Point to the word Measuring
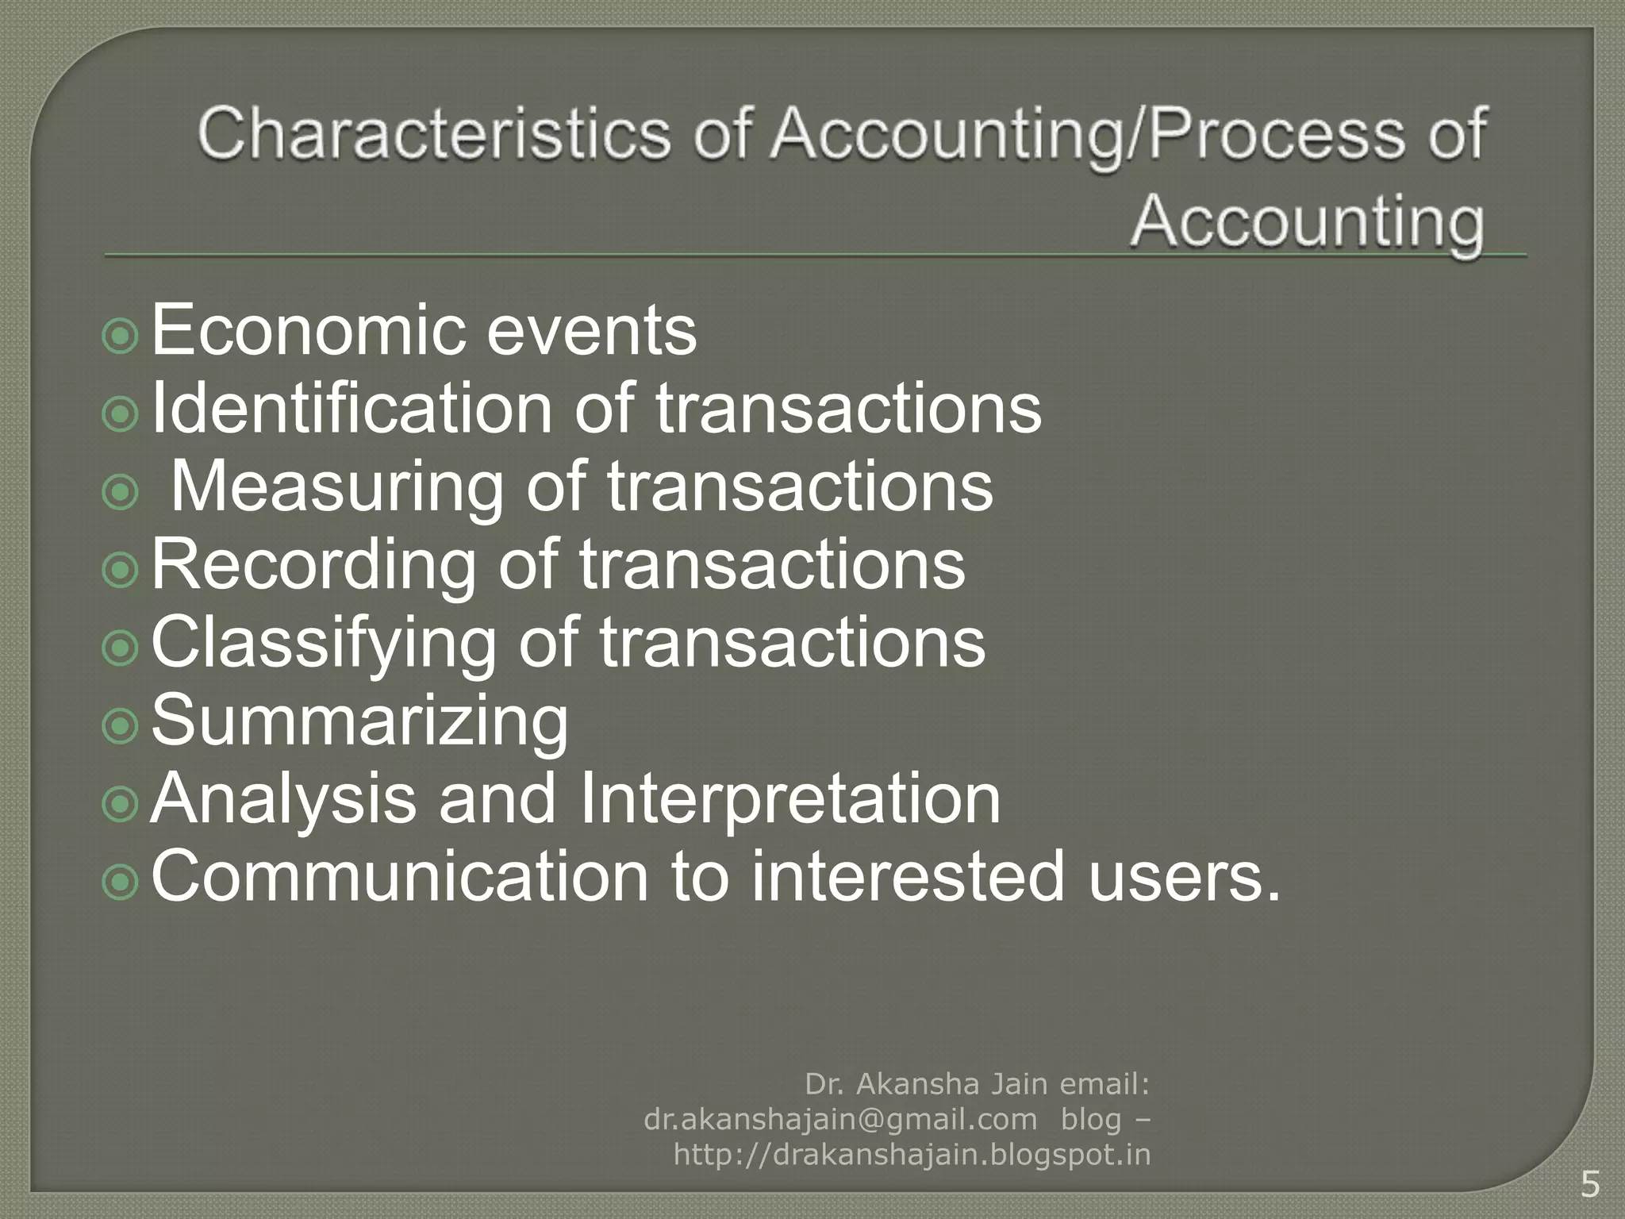click(x=337, y=486)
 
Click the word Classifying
click(x=323, y=643)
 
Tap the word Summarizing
click(x=359, y=721)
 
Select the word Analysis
click(x=283, y=799)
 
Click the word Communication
click(x=400, y=877)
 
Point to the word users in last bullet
click(x=1182, y=877)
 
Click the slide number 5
click(x=1590, y=1185)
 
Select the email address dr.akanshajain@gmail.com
click(x=840, y=1119)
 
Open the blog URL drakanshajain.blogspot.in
click(x=912, y=1155)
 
